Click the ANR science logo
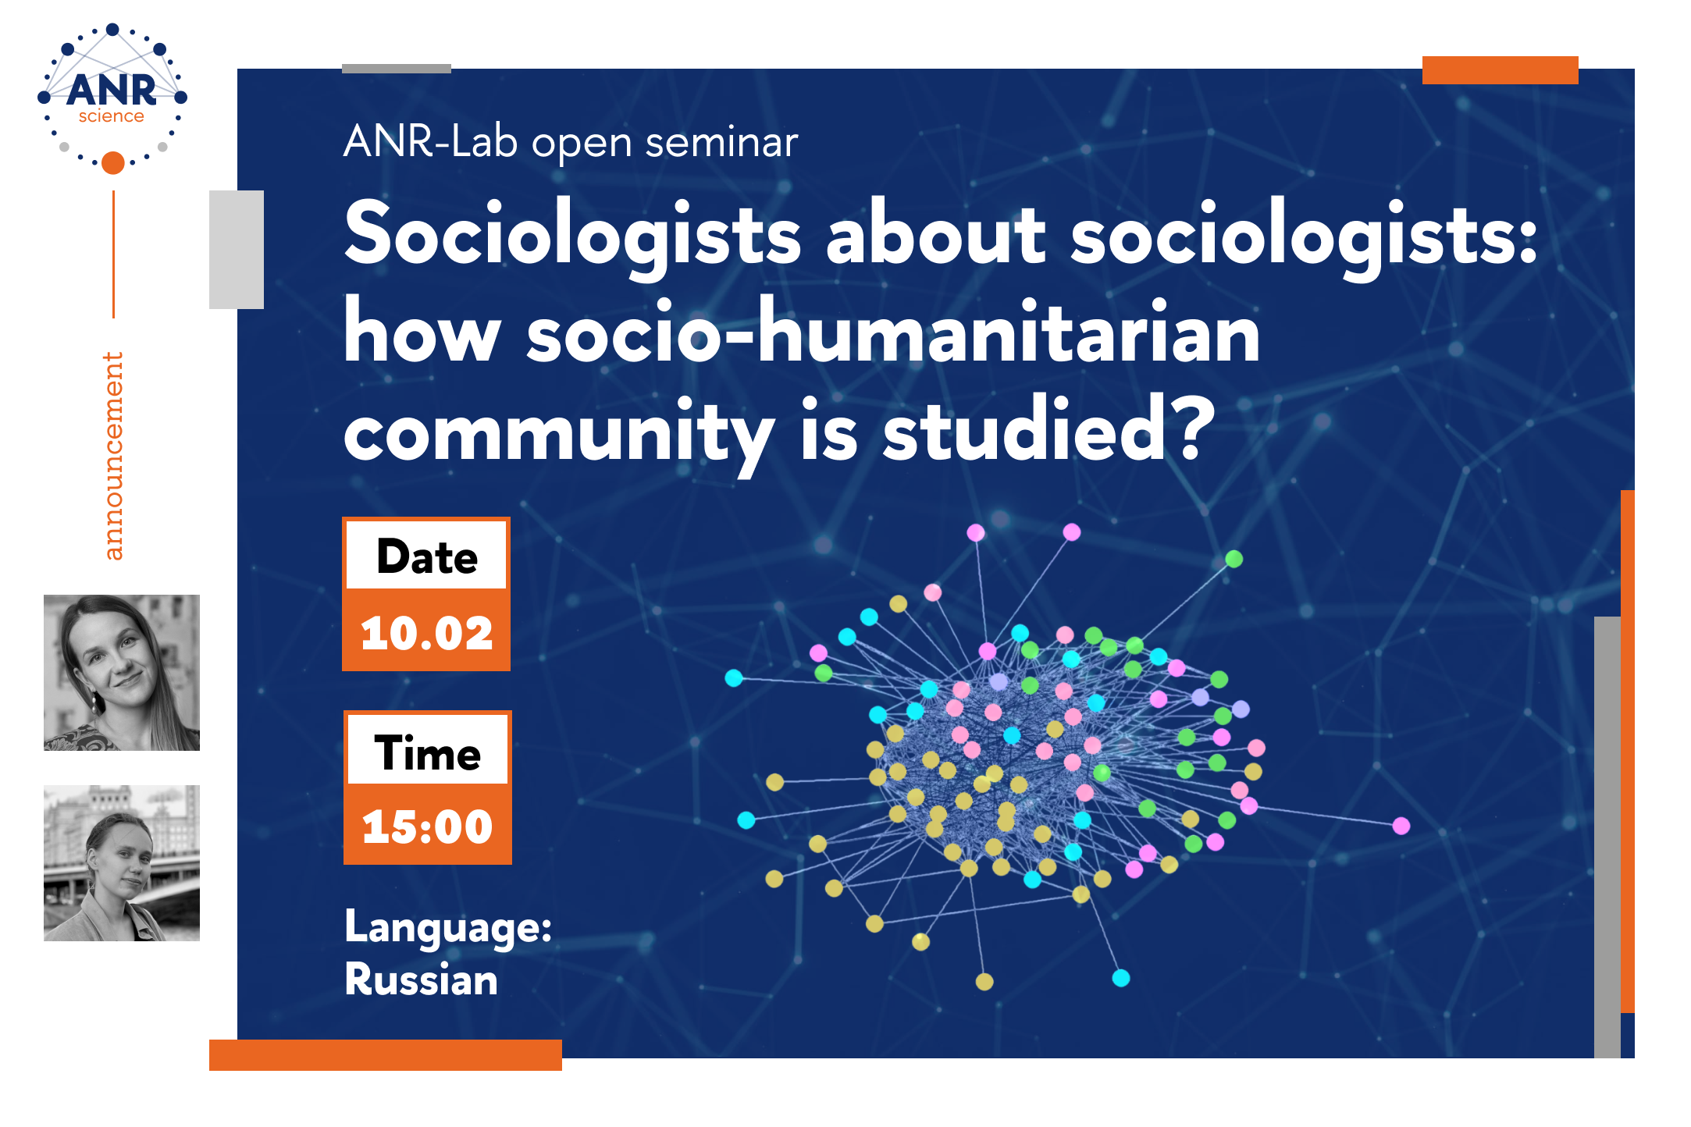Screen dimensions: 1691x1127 coord(112,98)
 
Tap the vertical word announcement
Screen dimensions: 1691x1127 coord(113,456)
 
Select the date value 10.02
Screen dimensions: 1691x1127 coord(426,632)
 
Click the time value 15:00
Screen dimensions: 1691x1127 coord(427,826)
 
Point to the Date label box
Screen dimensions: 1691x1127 coord(426,555)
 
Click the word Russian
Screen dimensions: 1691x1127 coord(422,979)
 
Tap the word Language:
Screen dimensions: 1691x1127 coord(448,929)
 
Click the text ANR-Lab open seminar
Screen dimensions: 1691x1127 coord(571,142)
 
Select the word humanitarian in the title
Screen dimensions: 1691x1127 coord(1008,332)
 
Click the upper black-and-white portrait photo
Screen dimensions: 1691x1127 coord(122,673)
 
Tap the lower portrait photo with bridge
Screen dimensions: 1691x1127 coord(122,863)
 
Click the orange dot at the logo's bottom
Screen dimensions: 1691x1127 coord(113,162)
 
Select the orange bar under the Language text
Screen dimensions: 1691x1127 coord(386,1055)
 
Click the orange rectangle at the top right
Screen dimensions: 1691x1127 coord(1501,70)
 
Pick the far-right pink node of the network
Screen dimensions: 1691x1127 coord(1401,826)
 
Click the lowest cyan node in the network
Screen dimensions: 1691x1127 coord(1121,978)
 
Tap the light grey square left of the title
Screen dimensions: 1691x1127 coord(237,250)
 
